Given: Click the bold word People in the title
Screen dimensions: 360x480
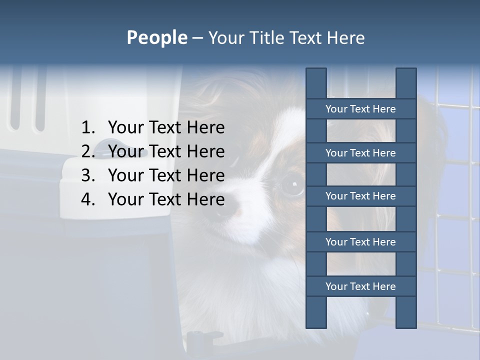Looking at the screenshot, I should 156,38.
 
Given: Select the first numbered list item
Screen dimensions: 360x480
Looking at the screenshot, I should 166,128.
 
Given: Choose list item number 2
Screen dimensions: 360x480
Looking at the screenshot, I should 166,151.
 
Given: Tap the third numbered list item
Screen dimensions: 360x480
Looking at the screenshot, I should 166,175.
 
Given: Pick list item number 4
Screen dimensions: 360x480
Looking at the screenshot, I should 166,199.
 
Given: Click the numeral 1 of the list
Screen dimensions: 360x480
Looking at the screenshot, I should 86,128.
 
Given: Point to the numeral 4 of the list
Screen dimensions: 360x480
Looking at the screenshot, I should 86,199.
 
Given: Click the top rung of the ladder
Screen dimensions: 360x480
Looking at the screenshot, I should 360,109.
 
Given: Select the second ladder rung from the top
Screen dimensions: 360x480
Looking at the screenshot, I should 360,153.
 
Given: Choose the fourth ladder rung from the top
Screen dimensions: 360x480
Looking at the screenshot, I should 360,242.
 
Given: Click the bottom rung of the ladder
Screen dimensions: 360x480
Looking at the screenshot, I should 360,286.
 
